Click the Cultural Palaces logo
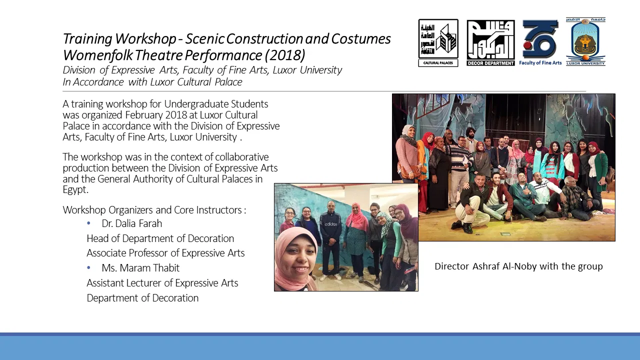pyautogui.click(x=438, y=43)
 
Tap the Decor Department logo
pyautogui.click(x=490, y=43)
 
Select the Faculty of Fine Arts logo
pyautogui.click(x=540, y=42)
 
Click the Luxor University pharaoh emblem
pyautogui.click(x=585, y=41)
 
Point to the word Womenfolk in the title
pyautogui.click(x=98, y=55)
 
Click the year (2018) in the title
pyautogui.click(x=285, y=55)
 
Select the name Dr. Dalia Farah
pyautogui.click(x=131, y=223)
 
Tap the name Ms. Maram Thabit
pyautogui.click(x=140, y=268)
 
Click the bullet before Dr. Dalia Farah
pyautogui.click(x=88, y=223)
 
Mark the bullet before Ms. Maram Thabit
pyautogui.click(x=88, y=267)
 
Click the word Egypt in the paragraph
pyautogui.click(x=75, y=189)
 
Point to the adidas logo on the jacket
pyautogui.click(x=330, y=224)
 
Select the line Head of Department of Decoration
pyautogui.click(x=160, y=238)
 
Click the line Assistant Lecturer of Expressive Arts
pyautogui.click(x=162, y=283)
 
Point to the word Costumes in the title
pyautogui.click(x=361, y=38)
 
